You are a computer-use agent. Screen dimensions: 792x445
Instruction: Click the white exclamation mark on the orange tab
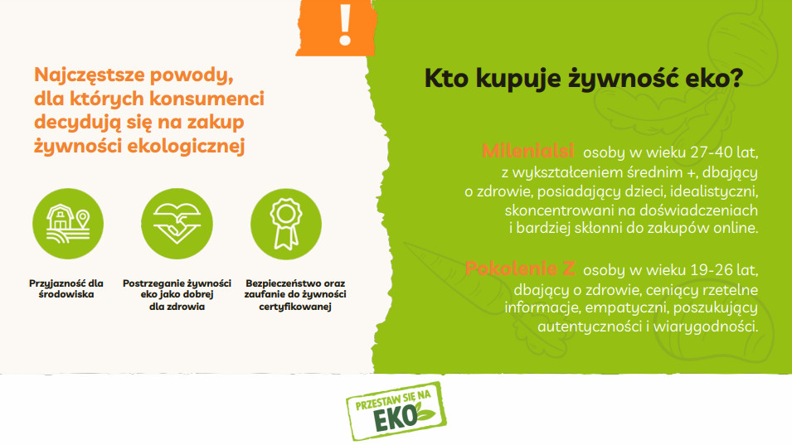[x=346, y=25]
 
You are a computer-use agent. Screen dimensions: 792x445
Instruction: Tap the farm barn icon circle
[x=68, y=224]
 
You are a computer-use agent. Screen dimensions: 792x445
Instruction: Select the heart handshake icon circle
[x=177, y=224]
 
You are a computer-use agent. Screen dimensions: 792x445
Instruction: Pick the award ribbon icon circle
[x=286, y=224]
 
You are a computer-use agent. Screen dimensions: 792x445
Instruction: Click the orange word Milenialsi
[x=527, y=151]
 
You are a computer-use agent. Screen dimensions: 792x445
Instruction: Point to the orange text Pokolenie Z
[x=520, y=268]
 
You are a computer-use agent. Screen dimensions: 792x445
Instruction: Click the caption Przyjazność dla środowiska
[x=66, y=288]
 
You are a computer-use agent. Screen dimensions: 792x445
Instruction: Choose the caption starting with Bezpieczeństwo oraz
[x=295, y=295]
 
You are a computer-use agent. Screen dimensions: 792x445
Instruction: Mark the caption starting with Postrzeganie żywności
[x=177, y=295]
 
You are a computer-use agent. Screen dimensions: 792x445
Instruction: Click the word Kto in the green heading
[x=446, y=78]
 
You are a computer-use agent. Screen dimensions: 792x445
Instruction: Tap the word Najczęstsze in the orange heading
[x=89, y=75]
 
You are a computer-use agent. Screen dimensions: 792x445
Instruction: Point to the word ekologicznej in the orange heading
[x=186, y=146]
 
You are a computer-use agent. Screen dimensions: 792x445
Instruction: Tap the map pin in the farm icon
[x=83, y=220]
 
